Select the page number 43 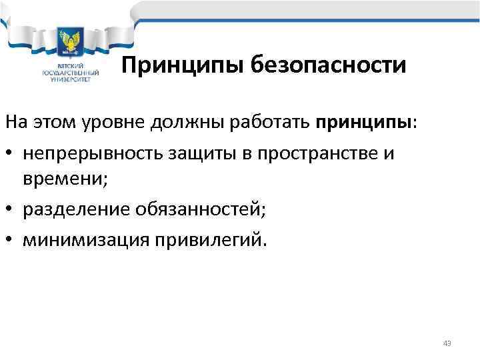447,343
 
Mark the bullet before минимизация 11,239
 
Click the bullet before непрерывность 11,153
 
